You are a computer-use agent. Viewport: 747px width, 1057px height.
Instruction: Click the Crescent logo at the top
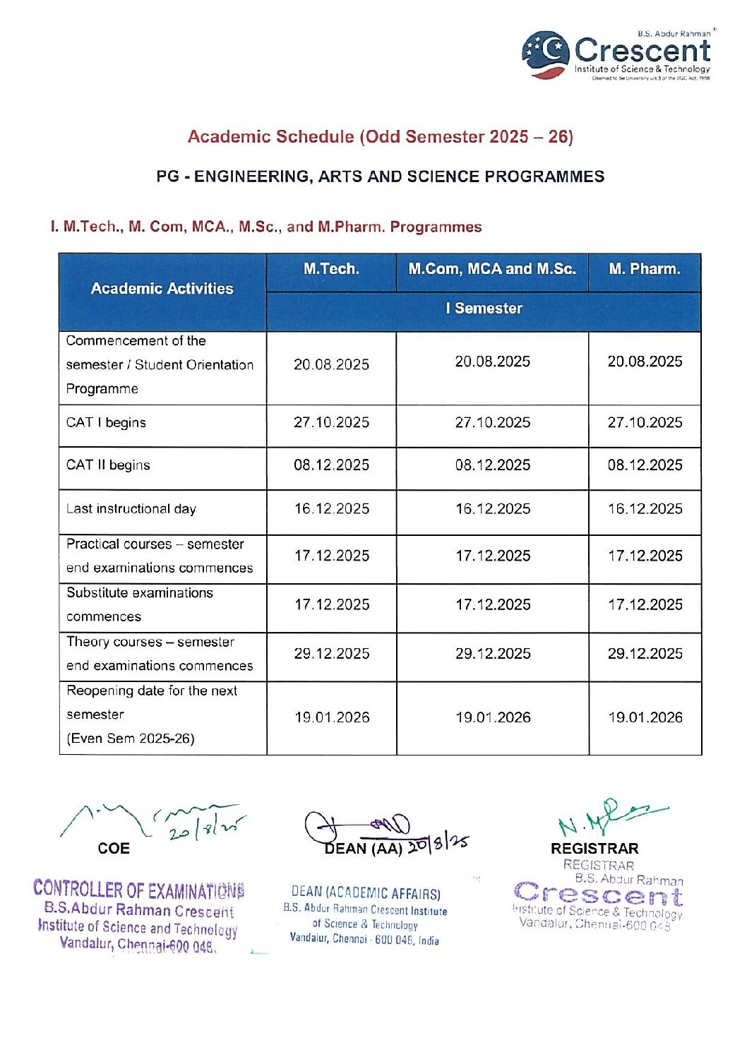(x=616, y=54)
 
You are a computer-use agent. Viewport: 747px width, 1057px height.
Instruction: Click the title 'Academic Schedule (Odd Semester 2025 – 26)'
(x=380, y=136)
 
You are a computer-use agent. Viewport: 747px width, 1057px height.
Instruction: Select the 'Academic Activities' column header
(x=162, y=288)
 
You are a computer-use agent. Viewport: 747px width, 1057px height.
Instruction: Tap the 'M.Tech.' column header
(x=331, y=269)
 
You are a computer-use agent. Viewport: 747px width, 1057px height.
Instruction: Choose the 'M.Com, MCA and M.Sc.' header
(x=492, y=269)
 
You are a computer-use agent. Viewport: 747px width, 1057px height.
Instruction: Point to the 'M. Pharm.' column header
(x=645, y=269)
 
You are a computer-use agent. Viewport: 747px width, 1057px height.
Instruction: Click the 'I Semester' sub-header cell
(x=484, y=309)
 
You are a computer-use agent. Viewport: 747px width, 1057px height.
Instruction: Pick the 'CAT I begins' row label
(x=106, y=423)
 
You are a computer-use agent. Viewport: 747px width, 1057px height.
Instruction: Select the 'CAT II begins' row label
(x=108, y=465)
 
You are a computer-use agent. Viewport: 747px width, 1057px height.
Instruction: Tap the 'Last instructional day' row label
(x=131, y=509)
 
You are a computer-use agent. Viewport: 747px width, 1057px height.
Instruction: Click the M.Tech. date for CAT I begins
(x=331, y=423)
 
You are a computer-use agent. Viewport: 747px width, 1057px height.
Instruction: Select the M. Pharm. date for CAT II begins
(x=645, y=465)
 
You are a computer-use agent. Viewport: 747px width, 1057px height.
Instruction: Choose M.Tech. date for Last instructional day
(x=331, y=509)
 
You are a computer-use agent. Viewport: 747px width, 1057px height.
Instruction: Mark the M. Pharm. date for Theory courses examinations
(x=645, y=654)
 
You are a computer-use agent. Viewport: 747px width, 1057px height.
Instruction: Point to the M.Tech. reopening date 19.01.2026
(x=332, y=718)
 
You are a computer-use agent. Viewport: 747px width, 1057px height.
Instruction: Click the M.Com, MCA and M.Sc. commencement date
(x=492, y=362)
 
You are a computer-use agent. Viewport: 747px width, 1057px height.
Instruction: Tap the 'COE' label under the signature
(x=114, y=849)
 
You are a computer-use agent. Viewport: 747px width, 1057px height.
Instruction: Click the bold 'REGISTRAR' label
(x=594, y=849)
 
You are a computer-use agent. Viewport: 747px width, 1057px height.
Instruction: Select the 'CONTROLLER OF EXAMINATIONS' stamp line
(x=138, y=889)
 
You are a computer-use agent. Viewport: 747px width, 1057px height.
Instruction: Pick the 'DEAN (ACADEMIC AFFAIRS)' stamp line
(x=366, y=893)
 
